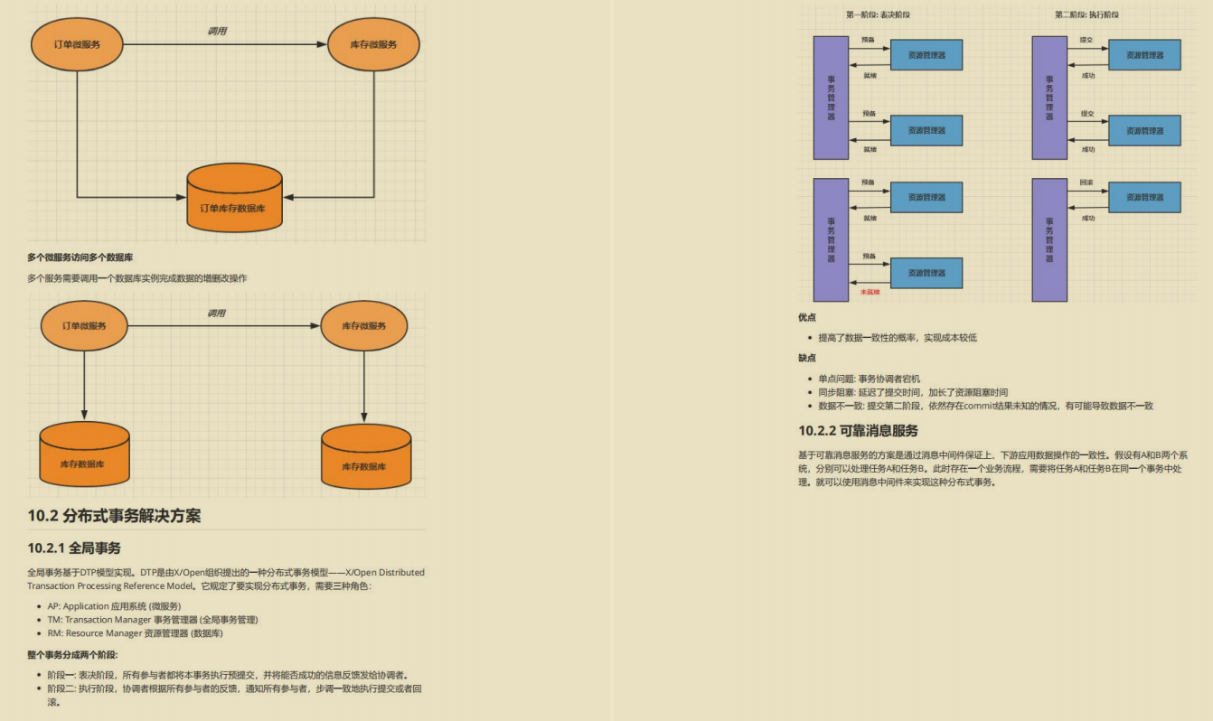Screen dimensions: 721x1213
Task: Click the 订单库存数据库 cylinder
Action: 234,199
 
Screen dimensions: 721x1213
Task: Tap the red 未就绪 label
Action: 870,292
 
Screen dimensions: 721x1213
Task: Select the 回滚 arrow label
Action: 1086,183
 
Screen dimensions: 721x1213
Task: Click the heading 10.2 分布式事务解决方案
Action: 114,516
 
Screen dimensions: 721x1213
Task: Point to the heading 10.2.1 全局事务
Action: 74,548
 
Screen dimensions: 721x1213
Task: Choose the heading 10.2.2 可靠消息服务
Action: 858,430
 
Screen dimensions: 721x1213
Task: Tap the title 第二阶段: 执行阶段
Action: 1086,14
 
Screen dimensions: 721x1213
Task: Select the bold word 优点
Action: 806,317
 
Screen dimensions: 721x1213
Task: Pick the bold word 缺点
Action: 806,358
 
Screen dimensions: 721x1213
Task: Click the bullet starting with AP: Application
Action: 114,606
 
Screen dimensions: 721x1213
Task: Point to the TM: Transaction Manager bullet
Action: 153,620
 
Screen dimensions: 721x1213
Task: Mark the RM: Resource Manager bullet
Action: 135,633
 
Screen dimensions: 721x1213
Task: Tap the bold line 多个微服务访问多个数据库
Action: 80,257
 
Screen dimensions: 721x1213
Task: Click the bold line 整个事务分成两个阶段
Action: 72,654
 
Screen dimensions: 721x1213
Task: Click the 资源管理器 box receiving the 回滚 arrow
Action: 1144,197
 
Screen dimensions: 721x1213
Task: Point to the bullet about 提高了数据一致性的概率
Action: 897,338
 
